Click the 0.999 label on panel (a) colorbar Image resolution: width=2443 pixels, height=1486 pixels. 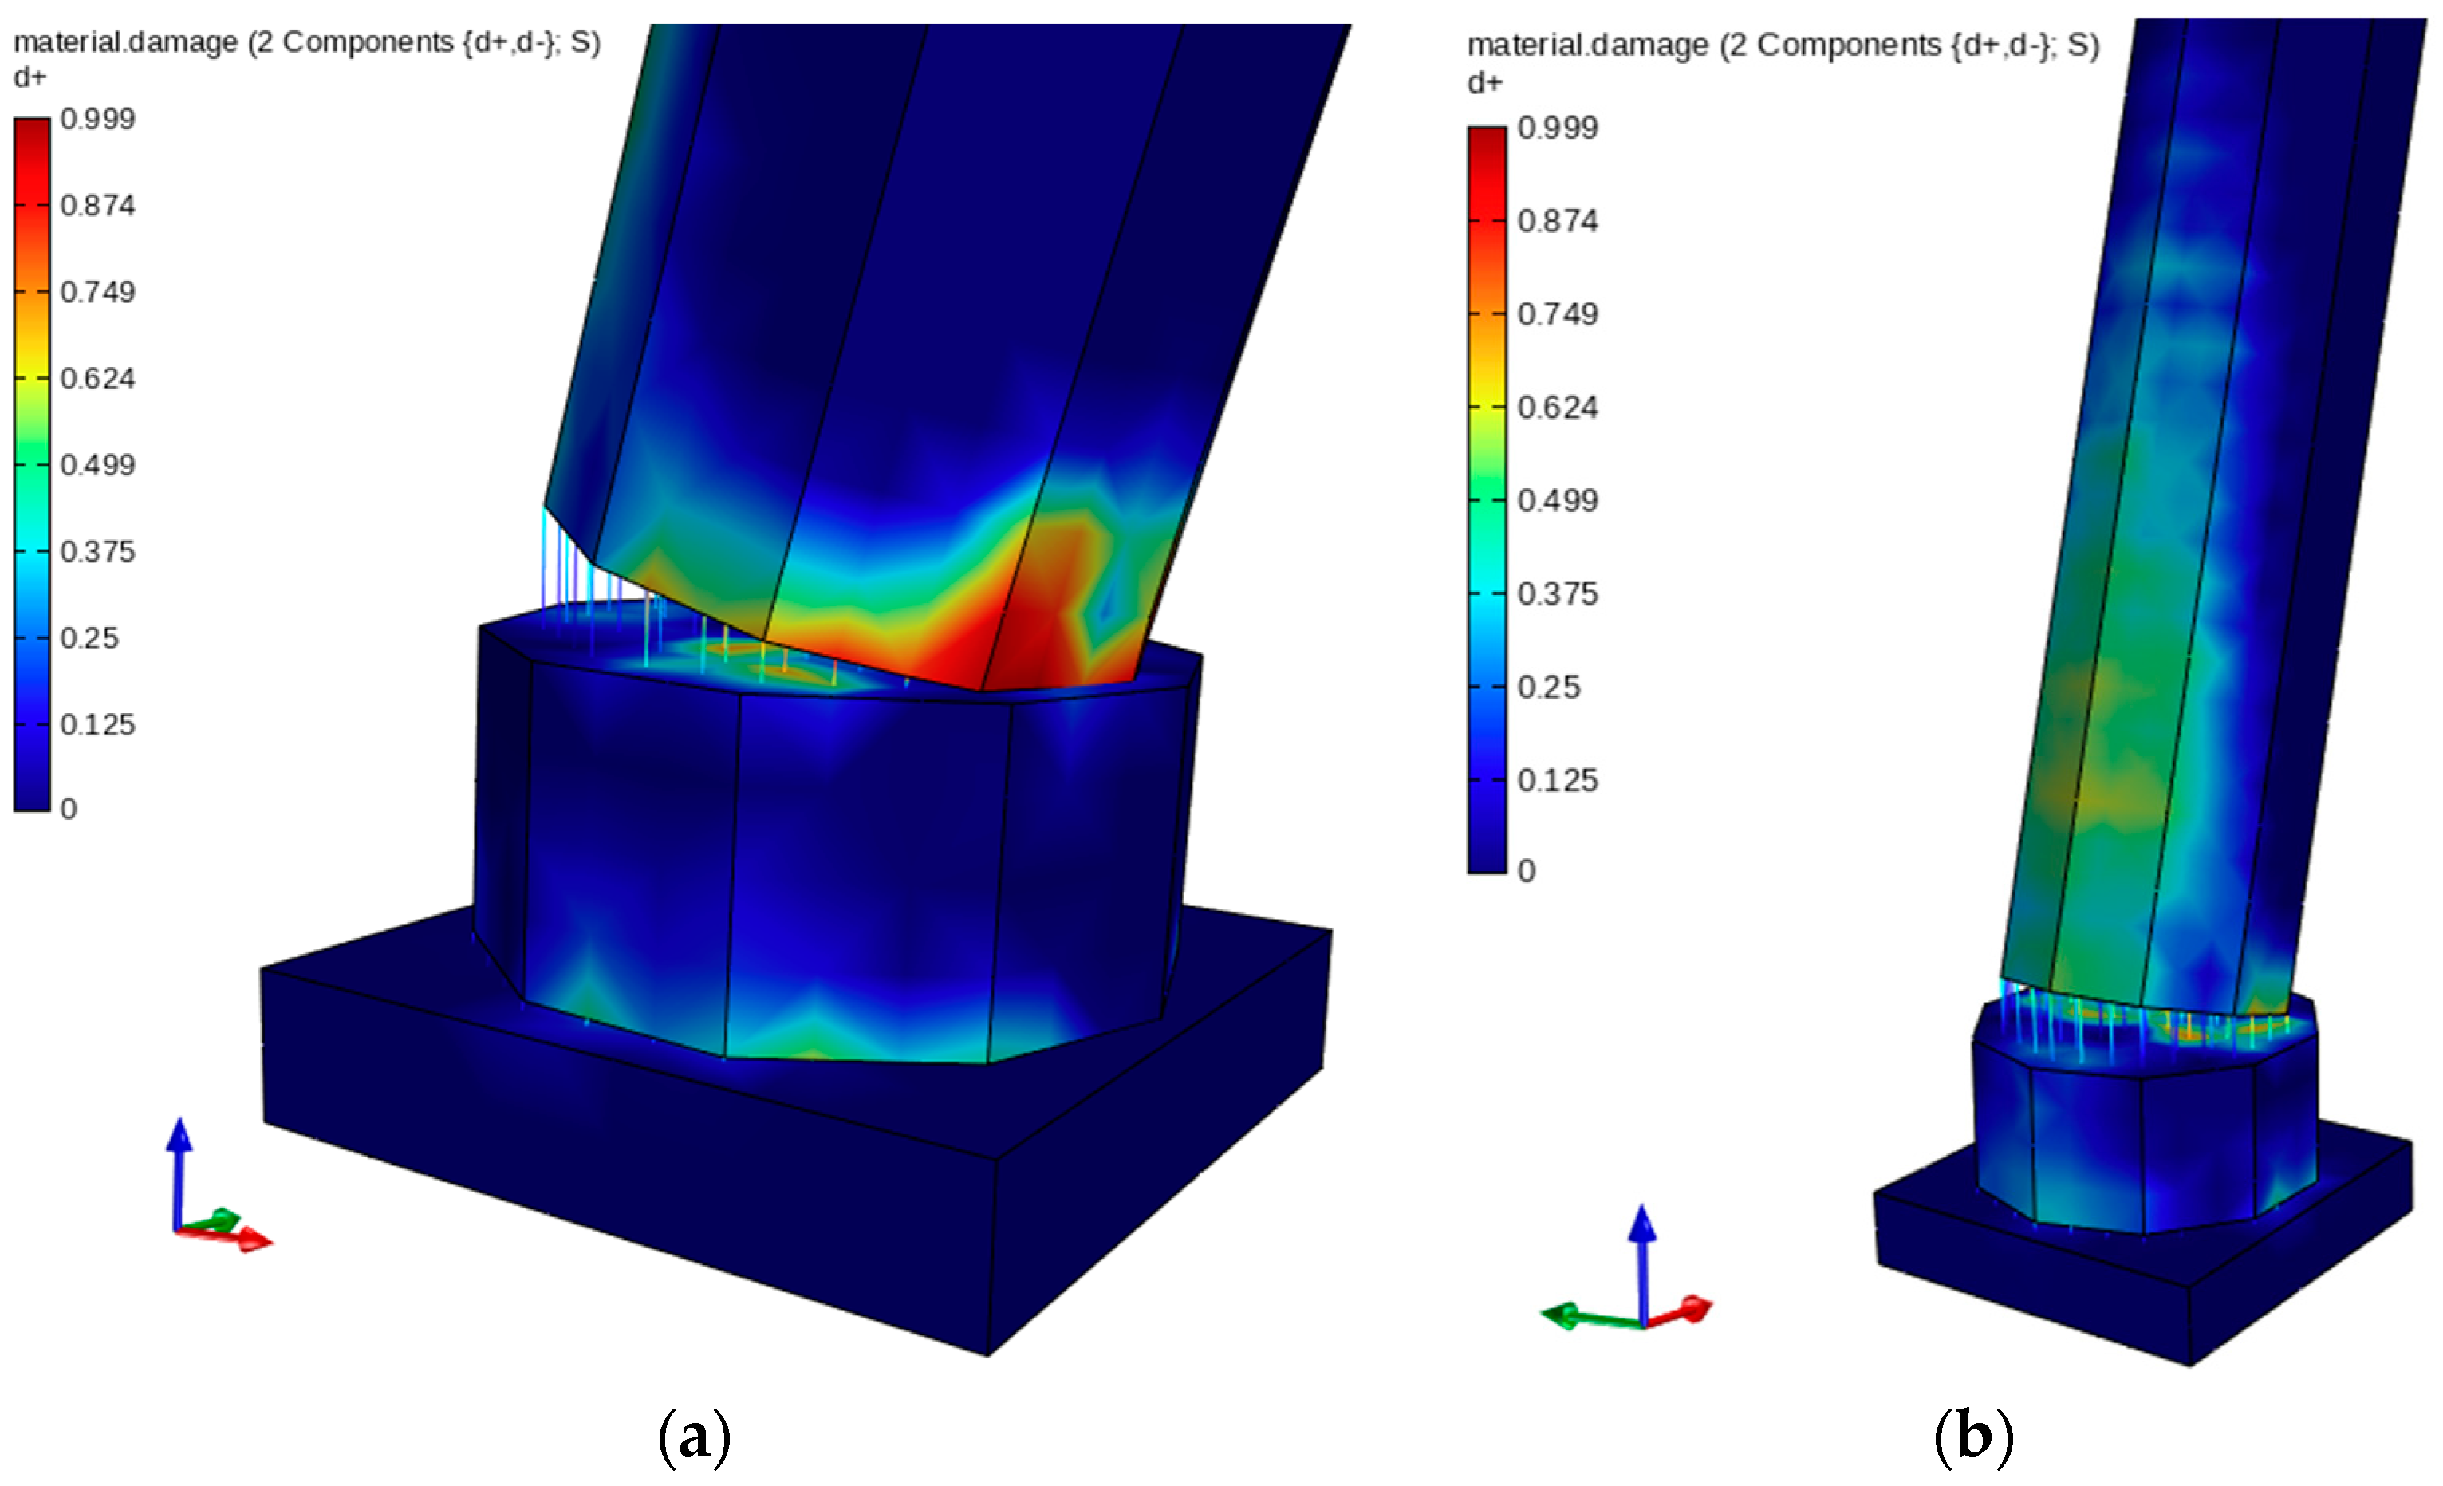click(97, 119)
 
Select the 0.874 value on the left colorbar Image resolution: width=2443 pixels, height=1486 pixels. click(97, 205)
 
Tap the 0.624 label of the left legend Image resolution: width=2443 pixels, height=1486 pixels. click(97, 378)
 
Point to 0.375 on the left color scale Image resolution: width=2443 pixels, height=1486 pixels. click(97, 551)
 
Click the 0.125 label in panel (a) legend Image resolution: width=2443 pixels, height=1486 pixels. click(97, 725)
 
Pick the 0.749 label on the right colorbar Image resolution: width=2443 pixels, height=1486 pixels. click(1558, 314)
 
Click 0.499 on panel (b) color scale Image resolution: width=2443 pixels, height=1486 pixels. click(1558, 501)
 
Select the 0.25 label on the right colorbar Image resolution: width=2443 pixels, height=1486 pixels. click(1549, 687)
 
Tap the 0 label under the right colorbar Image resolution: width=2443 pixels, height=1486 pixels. click(1527, 870)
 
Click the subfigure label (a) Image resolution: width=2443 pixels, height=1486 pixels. click(694, 1437)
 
